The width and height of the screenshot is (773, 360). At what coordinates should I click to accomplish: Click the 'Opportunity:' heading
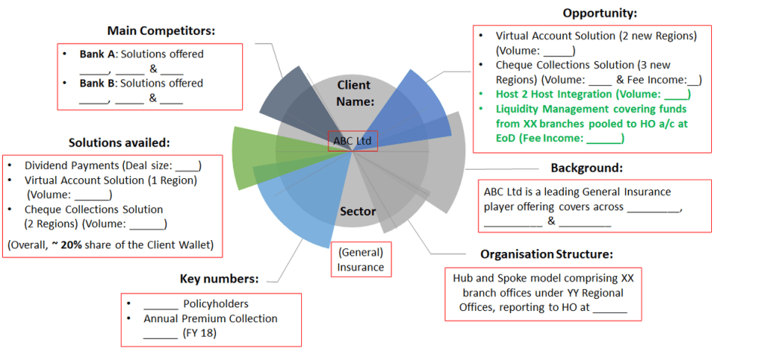pyautogui.click(x=599, y=13)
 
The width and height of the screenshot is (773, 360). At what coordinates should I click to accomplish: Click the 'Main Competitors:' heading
pyautogui.click(x=162, y=31)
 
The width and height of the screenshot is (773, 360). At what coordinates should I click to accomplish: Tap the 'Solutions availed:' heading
pyautogui.click(x=119, y=143)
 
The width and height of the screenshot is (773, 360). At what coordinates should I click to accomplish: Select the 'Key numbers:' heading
pyautogui.click(x=219, y=279)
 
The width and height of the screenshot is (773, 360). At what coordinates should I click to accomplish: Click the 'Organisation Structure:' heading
pyautogui.click(x=547, y=254)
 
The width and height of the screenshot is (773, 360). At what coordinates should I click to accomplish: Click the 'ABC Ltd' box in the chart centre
pyautogui.click(x=353, y=141)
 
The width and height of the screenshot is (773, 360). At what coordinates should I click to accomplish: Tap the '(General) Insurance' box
pyautogui.click(x=361, y=260)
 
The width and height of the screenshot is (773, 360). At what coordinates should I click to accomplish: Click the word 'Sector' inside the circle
pyautogui.click(x=358, y=211)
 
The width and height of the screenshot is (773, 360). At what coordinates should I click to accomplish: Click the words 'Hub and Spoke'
pyautogui.click(x=486, y=278)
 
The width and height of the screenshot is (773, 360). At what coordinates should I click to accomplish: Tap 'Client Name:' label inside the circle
pyautogui.click(x=354, y=92)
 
